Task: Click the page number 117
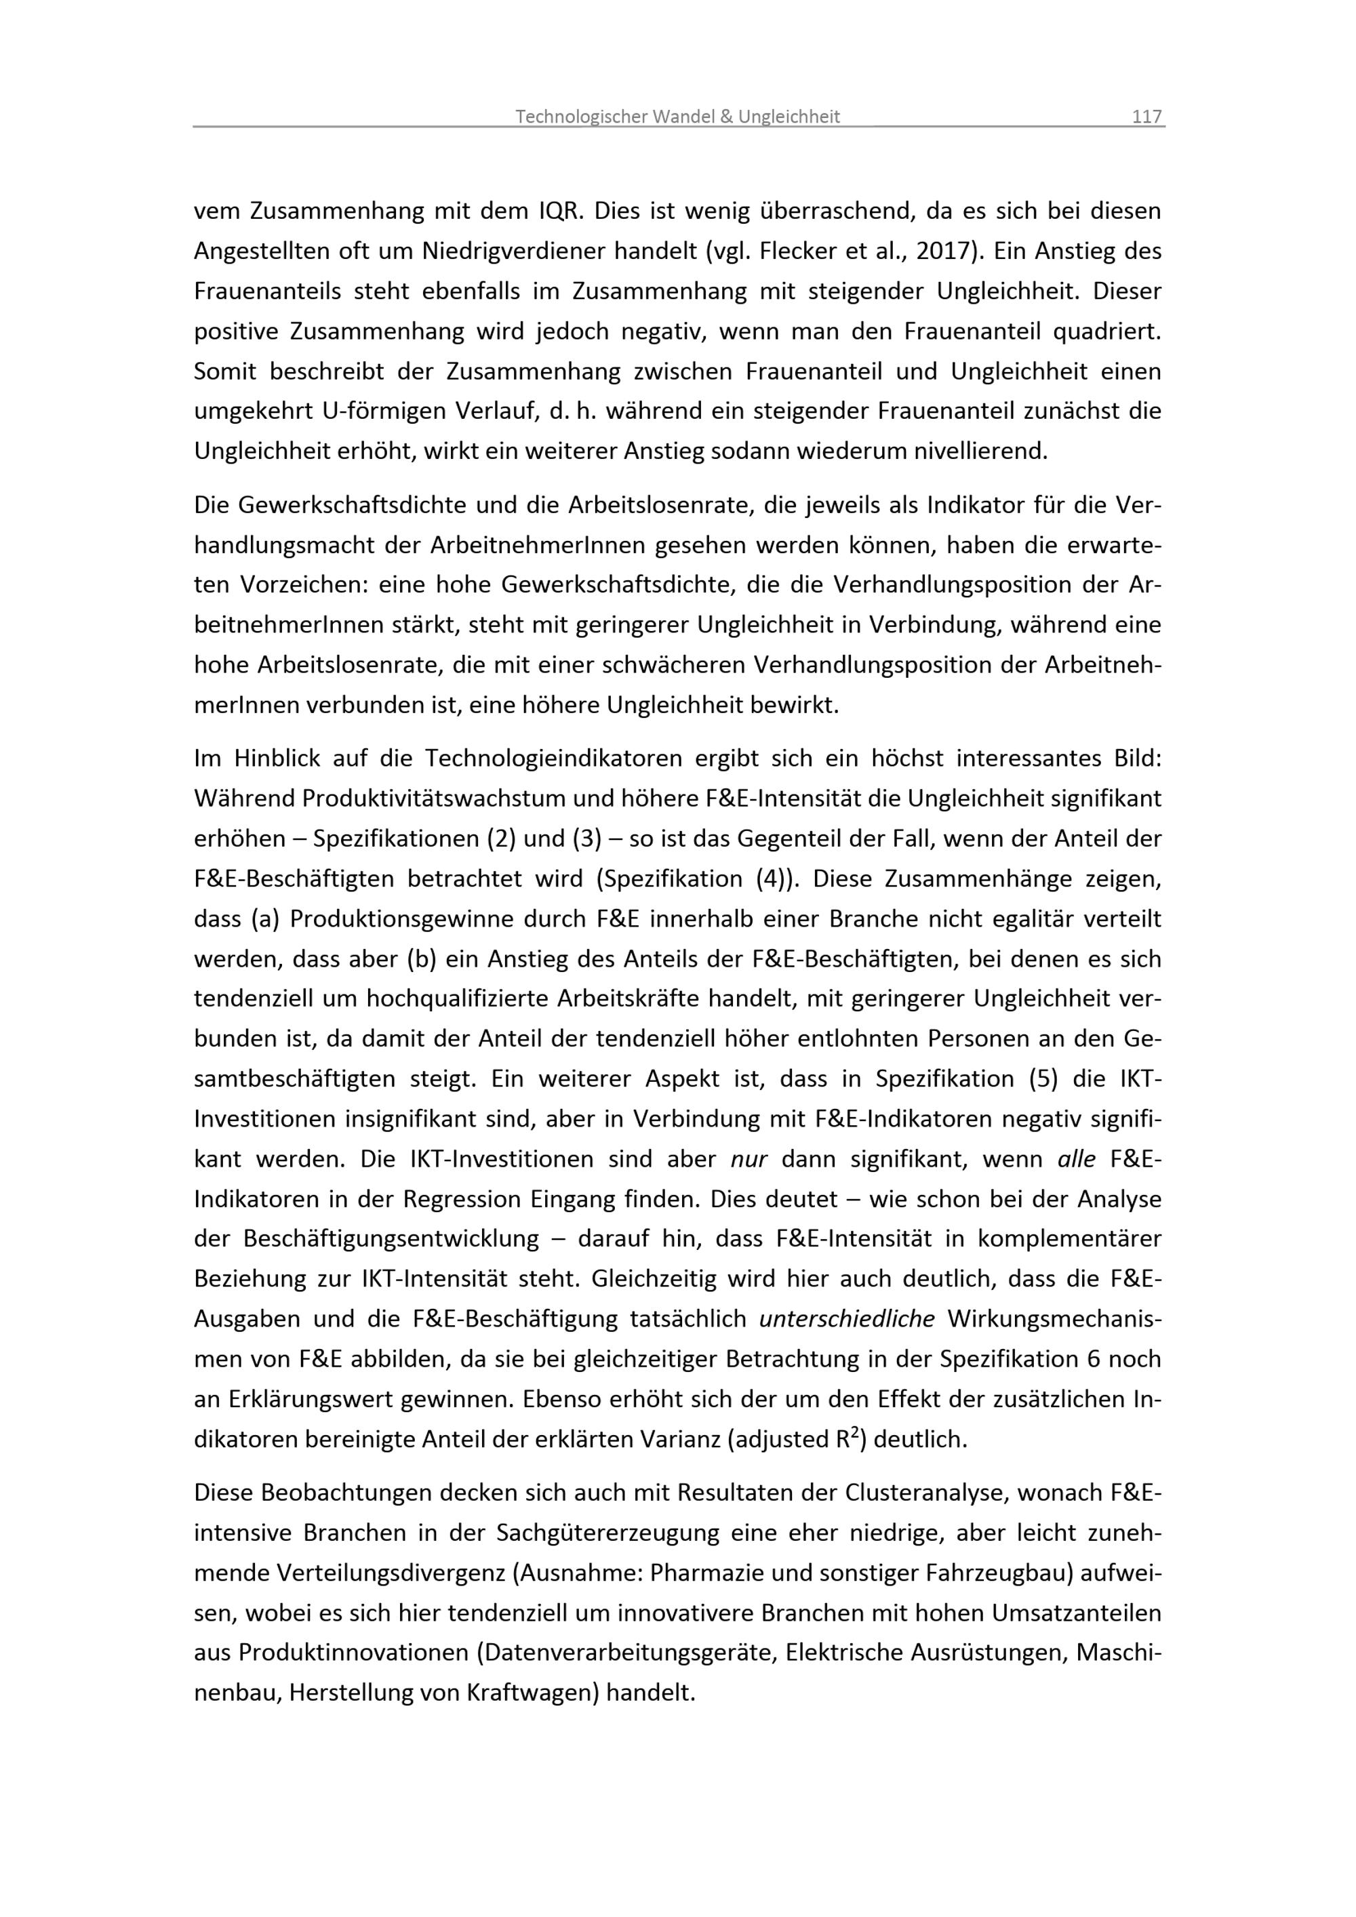pyautogui.click(x=1146, y=117)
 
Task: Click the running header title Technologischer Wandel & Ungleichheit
pyautogui.click(x=677, y=117)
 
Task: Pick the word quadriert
pyautogui.click(x=1106, y=331)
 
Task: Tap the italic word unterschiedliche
pyautogui.click(x=847, y=1319)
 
